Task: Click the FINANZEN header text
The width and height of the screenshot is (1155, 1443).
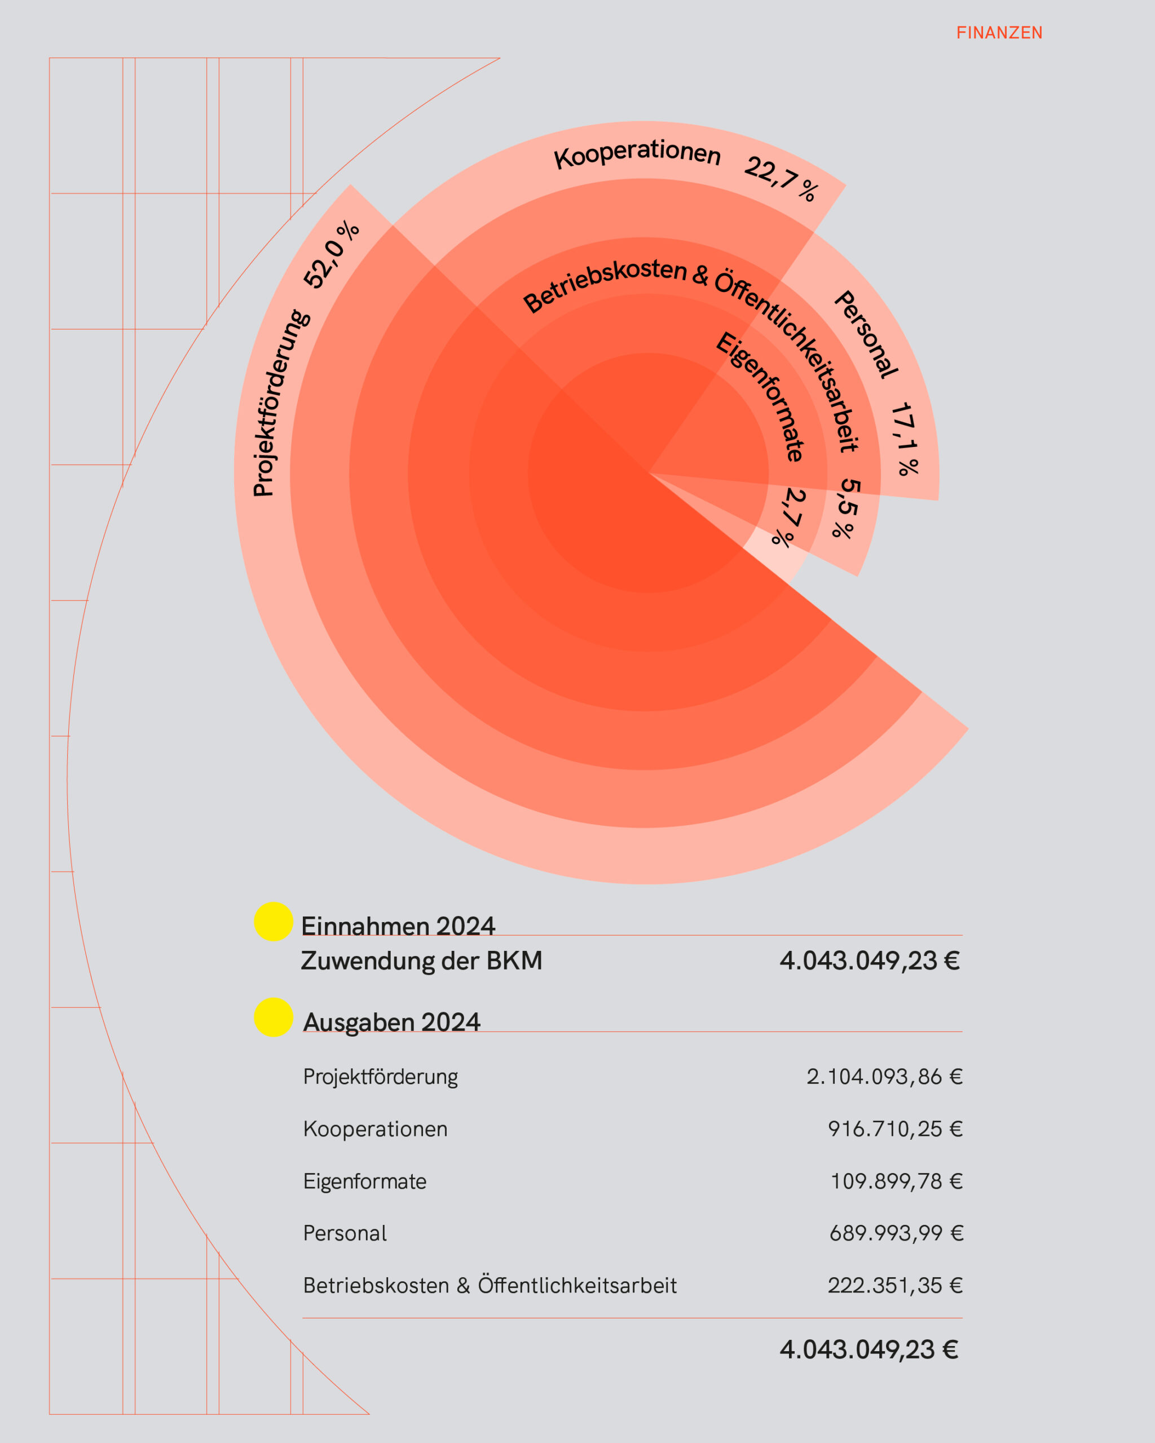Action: [999, 33]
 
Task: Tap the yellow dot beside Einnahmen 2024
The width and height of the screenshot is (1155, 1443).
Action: [273, 922]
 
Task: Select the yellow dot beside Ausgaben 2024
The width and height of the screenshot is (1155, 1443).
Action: [273, 1017]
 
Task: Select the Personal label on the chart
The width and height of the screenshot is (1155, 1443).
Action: [866, 334]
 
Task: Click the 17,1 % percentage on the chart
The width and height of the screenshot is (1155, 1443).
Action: [905, 439]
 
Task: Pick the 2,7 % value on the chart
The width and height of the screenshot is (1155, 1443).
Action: [790, 517]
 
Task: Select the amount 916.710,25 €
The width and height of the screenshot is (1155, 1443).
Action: [894, 1129]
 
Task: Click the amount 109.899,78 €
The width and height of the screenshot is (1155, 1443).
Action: [896, 1181]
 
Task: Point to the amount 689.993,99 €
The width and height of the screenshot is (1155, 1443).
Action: [896, 1233]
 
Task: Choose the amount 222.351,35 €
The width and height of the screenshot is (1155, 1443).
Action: [894, 1285]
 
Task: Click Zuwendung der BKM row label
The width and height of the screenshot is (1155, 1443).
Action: [421, 960]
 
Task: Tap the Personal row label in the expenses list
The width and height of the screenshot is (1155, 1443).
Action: [345, 1233]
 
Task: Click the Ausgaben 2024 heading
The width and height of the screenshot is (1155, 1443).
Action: [392, 1022]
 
